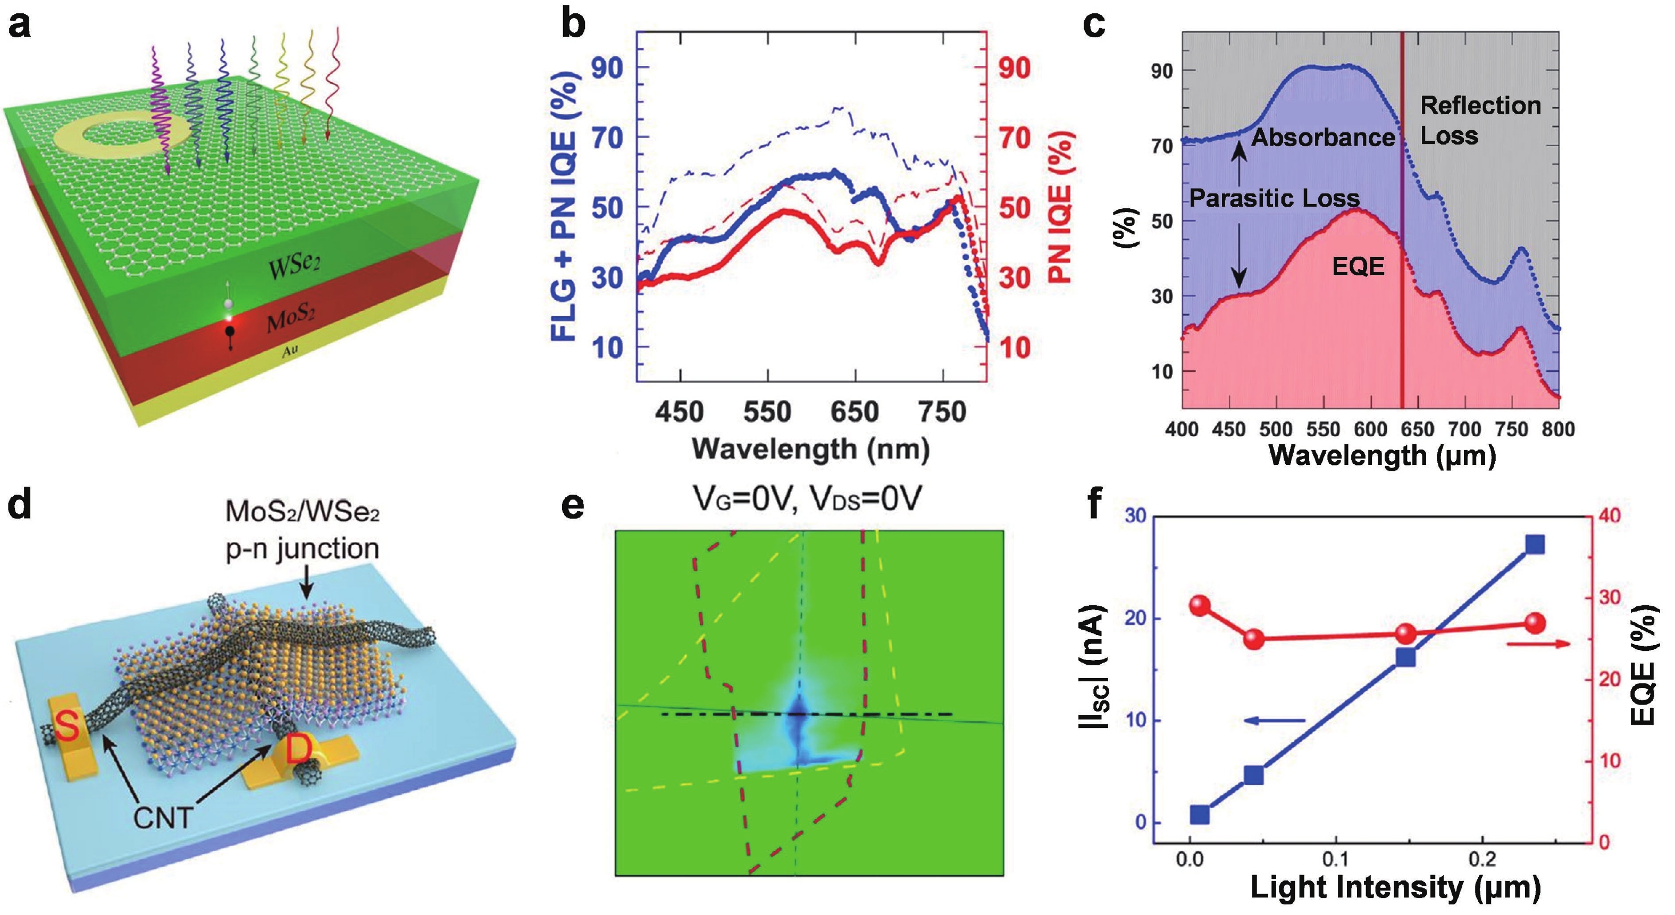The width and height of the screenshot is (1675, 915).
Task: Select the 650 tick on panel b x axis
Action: click(x=856, y=412)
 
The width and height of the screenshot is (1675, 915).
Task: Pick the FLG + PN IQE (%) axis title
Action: click(x=564, y=207)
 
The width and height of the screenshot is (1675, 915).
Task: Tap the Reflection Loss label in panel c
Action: click(x=1480, y=120)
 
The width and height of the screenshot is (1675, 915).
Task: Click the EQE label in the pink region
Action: click(x=1358, y=266)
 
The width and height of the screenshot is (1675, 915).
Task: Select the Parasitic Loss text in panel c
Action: click(x=1275, y=198)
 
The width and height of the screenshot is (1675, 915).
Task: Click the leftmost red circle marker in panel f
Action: click(x=1200, y=606)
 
